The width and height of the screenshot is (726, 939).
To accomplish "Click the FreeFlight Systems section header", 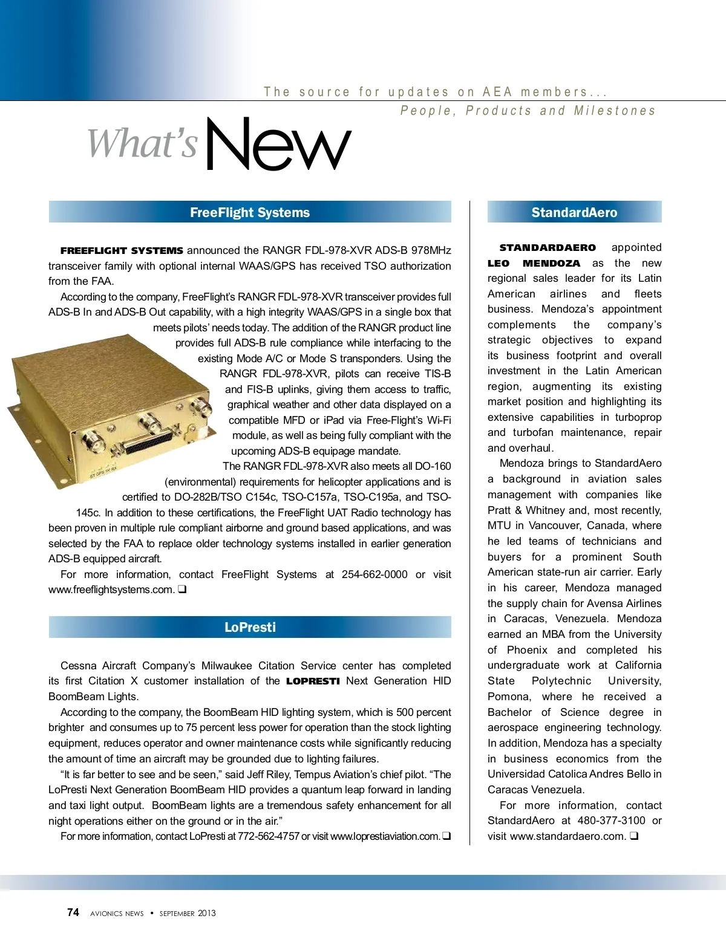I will [x=249, y=212].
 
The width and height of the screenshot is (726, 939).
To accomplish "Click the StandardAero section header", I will [x=574, y=212].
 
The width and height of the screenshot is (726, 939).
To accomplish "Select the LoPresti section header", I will [x=249, y=627].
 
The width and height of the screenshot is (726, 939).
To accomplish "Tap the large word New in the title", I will [x=278, y=145].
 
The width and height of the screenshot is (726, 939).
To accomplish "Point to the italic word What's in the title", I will [x=143, y=144].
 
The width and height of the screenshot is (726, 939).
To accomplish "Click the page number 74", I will [x=73, y=912].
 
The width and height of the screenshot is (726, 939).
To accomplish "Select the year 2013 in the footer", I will [x=206, y=913].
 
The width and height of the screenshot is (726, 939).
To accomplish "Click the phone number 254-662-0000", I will [x=374, y=574].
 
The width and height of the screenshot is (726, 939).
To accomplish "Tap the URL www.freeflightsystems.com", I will [x=111, y=590].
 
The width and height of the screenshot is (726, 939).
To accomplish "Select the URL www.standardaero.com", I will [x=567, y=836].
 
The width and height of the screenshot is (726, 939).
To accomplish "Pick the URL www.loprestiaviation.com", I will [x=385, y=836].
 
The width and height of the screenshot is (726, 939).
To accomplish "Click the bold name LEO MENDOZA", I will [x=534, y=263].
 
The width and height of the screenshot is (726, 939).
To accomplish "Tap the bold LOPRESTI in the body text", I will [x=313, y=681].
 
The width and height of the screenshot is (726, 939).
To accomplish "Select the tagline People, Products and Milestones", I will [x=528, y=111].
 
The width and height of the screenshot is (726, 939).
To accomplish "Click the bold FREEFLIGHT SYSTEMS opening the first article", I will [x=122, y=250].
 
